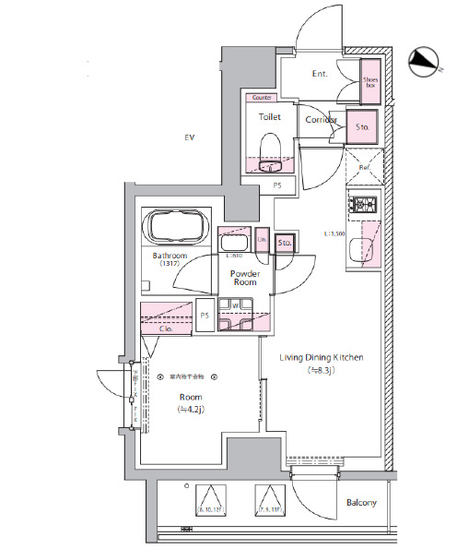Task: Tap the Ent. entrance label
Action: [x=321, y=74]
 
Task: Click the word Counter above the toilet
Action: [x=261, y=96]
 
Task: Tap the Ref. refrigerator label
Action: [x=365, y=168]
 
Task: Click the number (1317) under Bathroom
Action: [x=170, y=264]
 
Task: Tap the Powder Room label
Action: [x=244, y=279]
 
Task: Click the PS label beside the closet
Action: [x=205, y=316]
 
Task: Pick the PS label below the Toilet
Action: [x=277, y=185]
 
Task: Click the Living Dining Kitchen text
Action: [x=322, y=357]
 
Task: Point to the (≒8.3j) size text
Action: [x=322, y=370]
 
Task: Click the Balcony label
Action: [x=362, y=503]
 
